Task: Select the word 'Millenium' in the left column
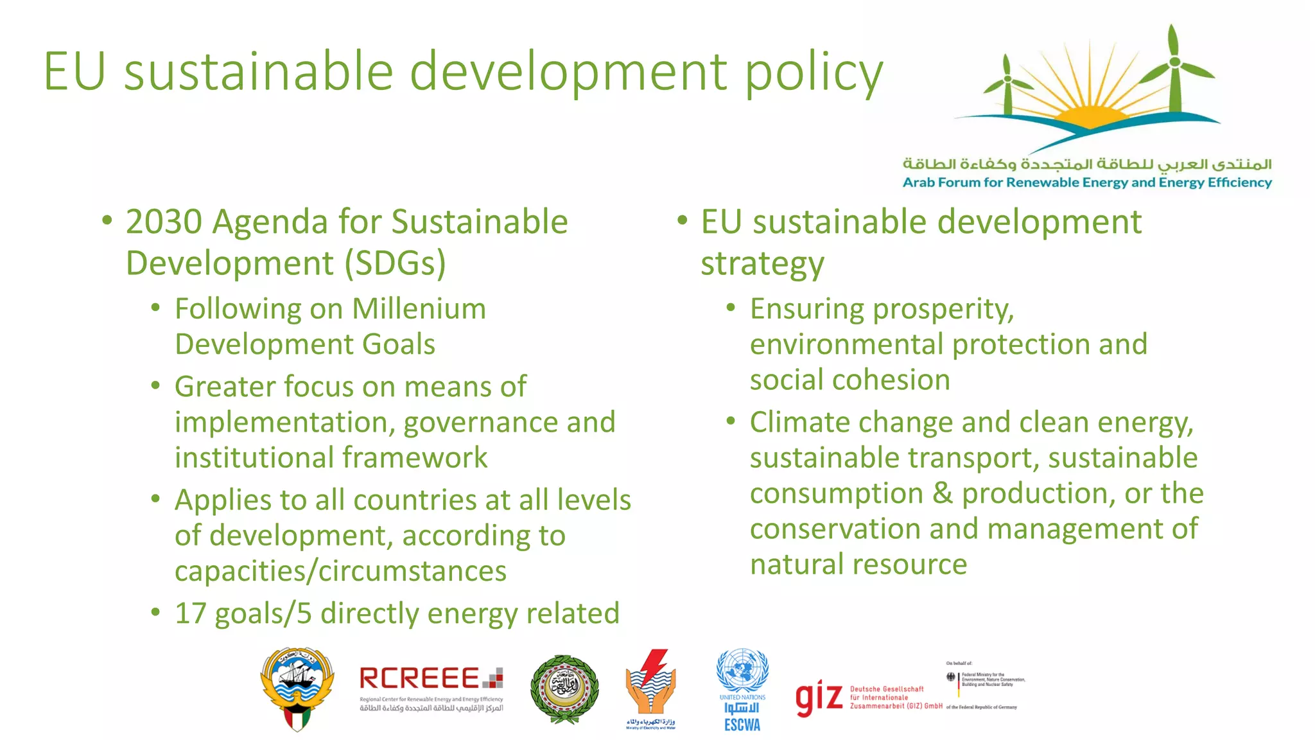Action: [x=419, y=309]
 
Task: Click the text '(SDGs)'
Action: [x=395, y=264]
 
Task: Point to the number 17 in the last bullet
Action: [x=190, y=613]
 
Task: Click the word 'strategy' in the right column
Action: [x=762, y=264]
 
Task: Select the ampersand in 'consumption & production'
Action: [x=942, y=493]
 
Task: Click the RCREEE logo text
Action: [x=419, y=678]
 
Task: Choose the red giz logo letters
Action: [x=819, y=698]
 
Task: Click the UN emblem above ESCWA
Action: [x=742, y=670]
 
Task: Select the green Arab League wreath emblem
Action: [x=564, y=689]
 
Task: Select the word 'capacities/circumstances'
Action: [x=340, y=571]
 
